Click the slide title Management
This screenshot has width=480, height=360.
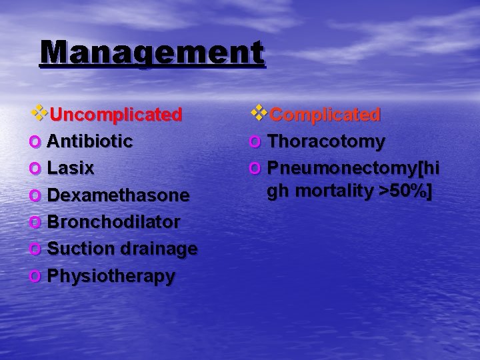pos(152,53)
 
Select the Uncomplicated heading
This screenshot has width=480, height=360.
pos(115,115)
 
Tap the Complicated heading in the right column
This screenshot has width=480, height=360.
pos(325,115)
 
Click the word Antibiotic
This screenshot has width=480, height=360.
pos(90,141)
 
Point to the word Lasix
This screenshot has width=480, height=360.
pos(71,169)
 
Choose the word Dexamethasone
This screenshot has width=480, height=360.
pos(119,195)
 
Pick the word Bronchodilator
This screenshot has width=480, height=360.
pos(113,222)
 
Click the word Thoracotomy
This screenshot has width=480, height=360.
pos(326,141)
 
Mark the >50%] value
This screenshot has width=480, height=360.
pos(405,191)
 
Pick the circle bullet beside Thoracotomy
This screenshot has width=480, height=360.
pos(255,142)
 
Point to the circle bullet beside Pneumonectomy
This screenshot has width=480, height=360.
pos(255,167)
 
